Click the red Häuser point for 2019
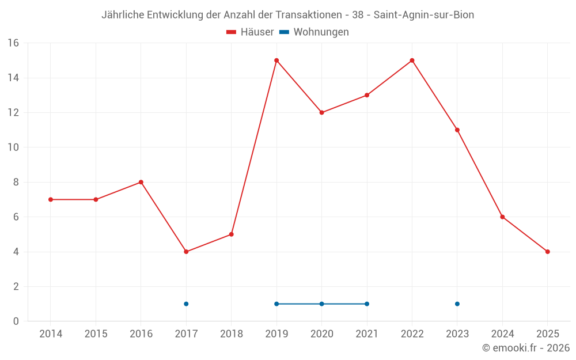[276, 60]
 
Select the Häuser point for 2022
[412, 60]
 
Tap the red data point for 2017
[186, 252]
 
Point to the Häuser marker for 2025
[547, 252]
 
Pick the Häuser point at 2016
[141, 182]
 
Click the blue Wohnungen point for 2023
[457, 304]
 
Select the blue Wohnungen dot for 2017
[186, 304]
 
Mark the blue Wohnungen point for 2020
[321, 304]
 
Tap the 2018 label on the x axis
[231, 334]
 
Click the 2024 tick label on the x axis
[502, 334]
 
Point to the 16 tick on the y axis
[13, 43]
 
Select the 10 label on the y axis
[13, 147]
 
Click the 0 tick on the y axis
[16, 321]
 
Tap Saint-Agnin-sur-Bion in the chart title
[424, 15]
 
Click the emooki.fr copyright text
[526, 348]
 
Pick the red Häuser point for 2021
[367, 95]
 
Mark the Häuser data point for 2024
[502, 217]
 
